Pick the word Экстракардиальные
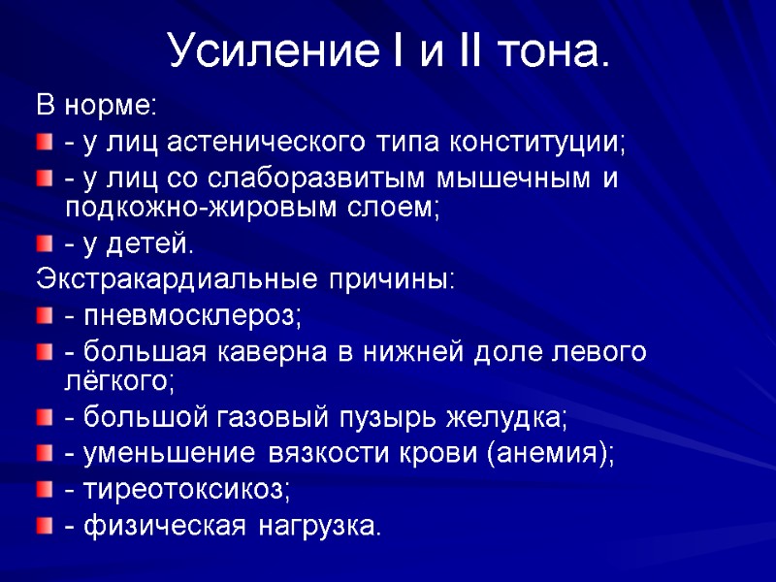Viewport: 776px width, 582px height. [x=171, y=280]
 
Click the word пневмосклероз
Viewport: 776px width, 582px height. [x=193, y=316]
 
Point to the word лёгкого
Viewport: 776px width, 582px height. [x=119, y=379]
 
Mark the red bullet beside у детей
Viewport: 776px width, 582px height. [x=46, y=243]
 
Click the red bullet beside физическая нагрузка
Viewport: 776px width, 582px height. [x=46, y=526]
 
